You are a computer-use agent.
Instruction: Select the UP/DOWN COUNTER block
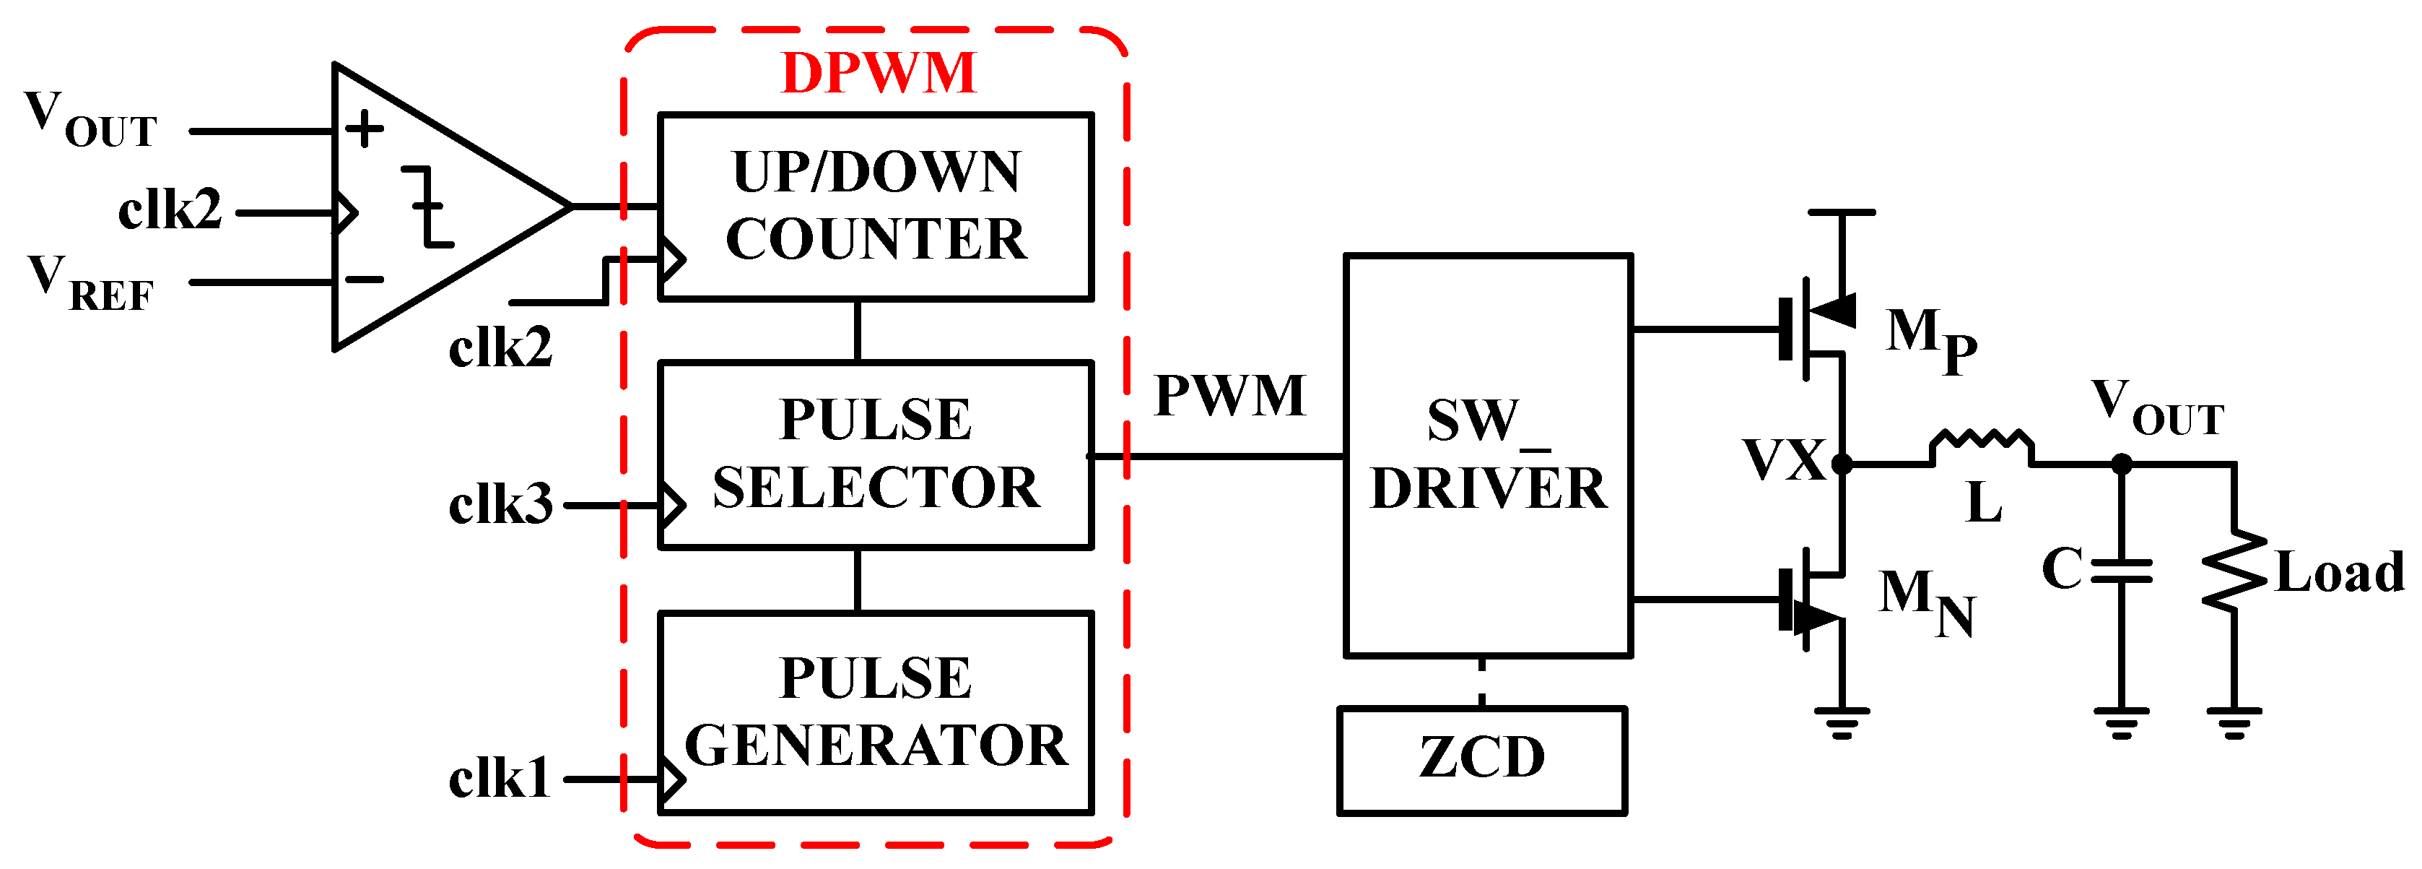coord(876,206)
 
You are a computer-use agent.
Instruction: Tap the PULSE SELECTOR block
coord(876,454)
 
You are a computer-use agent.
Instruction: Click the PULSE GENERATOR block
coord(876,712)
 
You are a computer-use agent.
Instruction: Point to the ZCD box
coord(1482,760)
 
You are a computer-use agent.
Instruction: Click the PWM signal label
coord(1230,396)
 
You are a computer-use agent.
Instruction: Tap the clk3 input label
coord(500,506)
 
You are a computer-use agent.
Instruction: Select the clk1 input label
coord(498,779)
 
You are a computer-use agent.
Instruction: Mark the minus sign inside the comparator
coord(364,280)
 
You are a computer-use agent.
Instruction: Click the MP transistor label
coord(1930,339)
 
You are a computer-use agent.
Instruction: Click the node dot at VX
coord(1842,464)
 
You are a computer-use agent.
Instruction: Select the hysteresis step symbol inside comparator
coord(428,206)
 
